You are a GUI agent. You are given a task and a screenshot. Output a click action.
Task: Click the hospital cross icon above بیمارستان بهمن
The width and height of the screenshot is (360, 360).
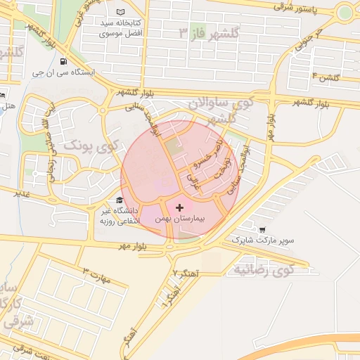click(180, 207)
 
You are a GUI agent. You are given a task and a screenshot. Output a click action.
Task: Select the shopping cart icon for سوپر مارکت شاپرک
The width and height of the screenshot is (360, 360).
click(262, 229)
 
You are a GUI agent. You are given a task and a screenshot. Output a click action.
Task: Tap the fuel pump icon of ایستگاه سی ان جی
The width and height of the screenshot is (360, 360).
click(64, 61)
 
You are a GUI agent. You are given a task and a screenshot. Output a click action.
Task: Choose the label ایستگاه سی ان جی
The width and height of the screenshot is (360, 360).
click(64, 72)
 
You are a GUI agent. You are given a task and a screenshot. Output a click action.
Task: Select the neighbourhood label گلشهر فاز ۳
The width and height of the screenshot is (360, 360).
click(210, 33)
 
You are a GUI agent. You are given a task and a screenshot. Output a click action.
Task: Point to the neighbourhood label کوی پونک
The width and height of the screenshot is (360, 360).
click(89, 145)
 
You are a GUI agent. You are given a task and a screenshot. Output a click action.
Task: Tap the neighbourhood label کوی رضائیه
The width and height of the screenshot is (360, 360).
click(263, 269)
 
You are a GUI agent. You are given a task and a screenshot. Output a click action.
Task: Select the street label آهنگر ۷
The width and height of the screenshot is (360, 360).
click(186, 271)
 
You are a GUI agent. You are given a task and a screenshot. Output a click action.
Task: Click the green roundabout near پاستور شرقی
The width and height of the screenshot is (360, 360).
click(345, 12)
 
